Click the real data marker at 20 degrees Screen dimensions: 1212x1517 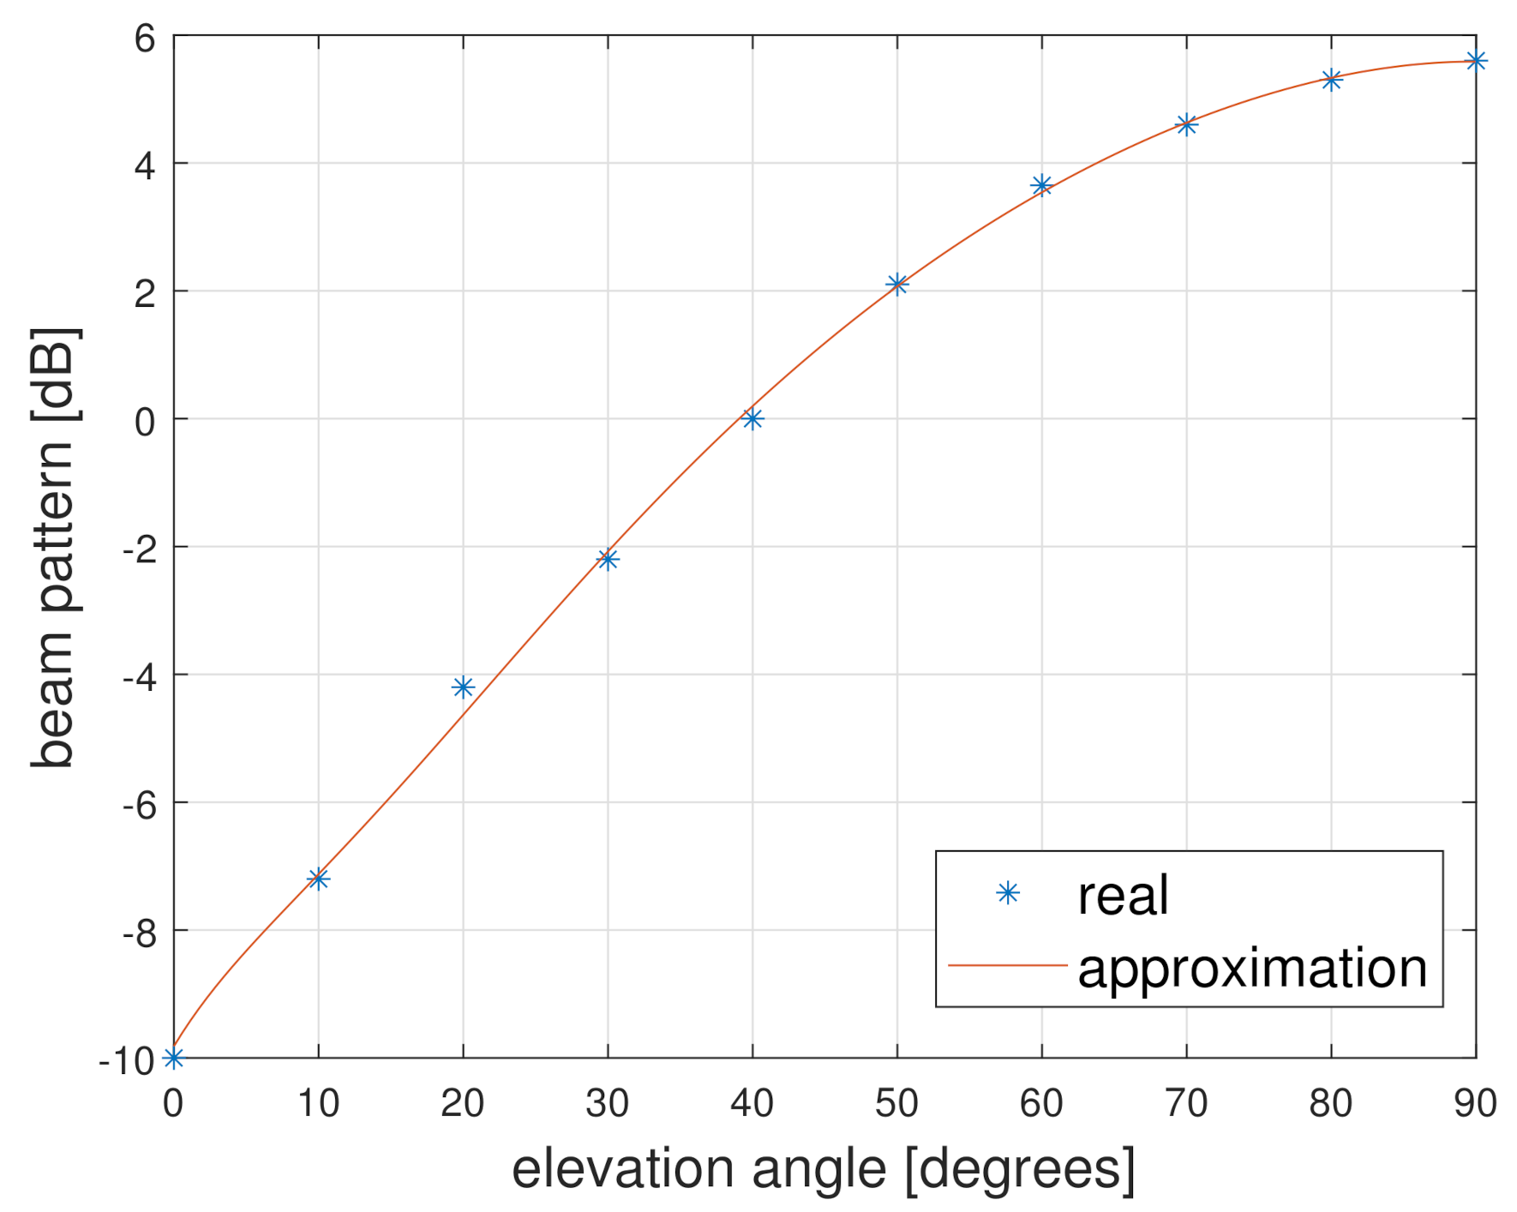[463, 687]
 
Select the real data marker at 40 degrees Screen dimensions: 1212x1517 [753, 418]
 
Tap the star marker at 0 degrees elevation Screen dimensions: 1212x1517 [173, 1058]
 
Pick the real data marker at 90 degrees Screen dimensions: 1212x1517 [1476, 61]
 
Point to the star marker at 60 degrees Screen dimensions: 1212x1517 [1041, 185]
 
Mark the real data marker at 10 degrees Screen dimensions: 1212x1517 [318, 879]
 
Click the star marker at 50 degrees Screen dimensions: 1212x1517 [896, 284]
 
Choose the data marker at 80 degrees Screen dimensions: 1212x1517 [1331, 81]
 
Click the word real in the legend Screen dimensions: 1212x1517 [1123, 896]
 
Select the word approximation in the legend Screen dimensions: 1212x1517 [1251, 969]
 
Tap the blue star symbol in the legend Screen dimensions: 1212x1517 [1008, 894]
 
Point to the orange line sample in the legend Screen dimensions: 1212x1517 [1008, 965]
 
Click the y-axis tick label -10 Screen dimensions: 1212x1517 [127, 1061]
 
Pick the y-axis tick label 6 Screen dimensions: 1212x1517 [145, 39]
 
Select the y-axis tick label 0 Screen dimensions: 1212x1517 [145, 421]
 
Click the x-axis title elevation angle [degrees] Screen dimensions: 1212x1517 [824, 1169]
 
